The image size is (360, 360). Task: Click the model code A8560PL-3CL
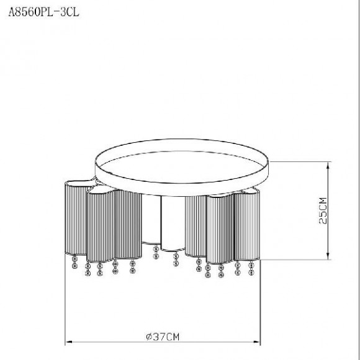pos(43,12)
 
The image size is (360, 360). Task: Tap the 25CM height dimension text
pos(323,210)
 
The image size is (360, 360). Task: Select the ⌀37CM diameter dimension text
pos(163,337)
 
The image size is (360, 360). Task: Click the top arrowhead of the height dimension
pos(328,164)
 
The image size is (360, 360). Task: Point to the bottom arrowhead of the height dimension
pos(328,256)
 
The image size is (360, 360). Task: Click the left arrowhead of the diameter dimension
pos(68,342)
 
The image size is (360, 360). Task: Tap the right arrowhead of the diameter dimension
pos(257,342)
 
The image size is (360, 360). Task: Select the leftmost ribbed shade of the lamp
pos(76,218)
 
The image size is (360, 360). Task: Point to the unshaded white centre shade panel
pos(173,223)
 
